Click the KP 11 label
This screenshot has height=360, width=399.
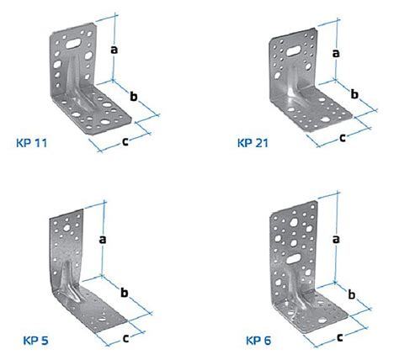tap(32, 143)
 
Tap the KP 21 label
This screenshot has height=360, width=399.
tap(253, 143)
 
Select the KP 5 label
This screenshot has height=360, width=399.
tap(35, 341)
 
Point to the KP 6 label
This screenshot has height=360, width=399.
tap(258, 341)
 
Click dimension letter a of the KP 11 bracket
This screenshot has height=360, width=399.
tap(114, 50)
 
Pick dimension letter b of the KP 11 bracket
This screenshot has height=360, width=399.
tap(134, 96)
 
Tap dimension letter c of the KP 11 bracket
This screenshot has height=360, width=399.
tap(125, 142)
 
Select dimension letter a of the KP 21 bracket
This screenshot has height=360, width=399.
tap(336, 53)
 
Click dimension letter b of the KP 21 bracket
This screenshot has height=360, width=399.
tap(354, 94)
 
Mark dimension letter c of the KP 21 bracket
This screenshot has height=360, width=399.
tap(343, 138)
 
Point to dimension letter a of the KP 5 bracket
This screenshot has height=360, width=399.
tap(103, 240)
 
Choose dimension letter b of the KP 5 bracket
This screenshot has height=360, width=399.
tap(125, 292)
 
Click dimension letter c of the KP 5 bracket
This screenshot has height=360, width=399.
tap(126, 338)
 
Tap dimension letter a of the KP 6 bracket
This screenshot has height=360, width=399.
tap(336, 239)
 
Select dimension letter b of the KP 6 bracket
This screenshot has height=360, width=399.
tap(352, 294)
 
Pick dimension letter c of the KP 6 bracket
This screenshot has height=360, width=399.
tap(340, 337)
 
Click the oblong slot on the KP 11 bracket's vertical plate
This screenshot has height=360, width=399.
tap(73, 43)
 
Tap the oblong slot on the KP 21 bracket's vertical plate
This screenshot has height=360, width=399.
tap(294, 51)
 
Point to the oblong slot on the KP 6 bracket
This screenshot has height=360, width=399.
tap(294, 258)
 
